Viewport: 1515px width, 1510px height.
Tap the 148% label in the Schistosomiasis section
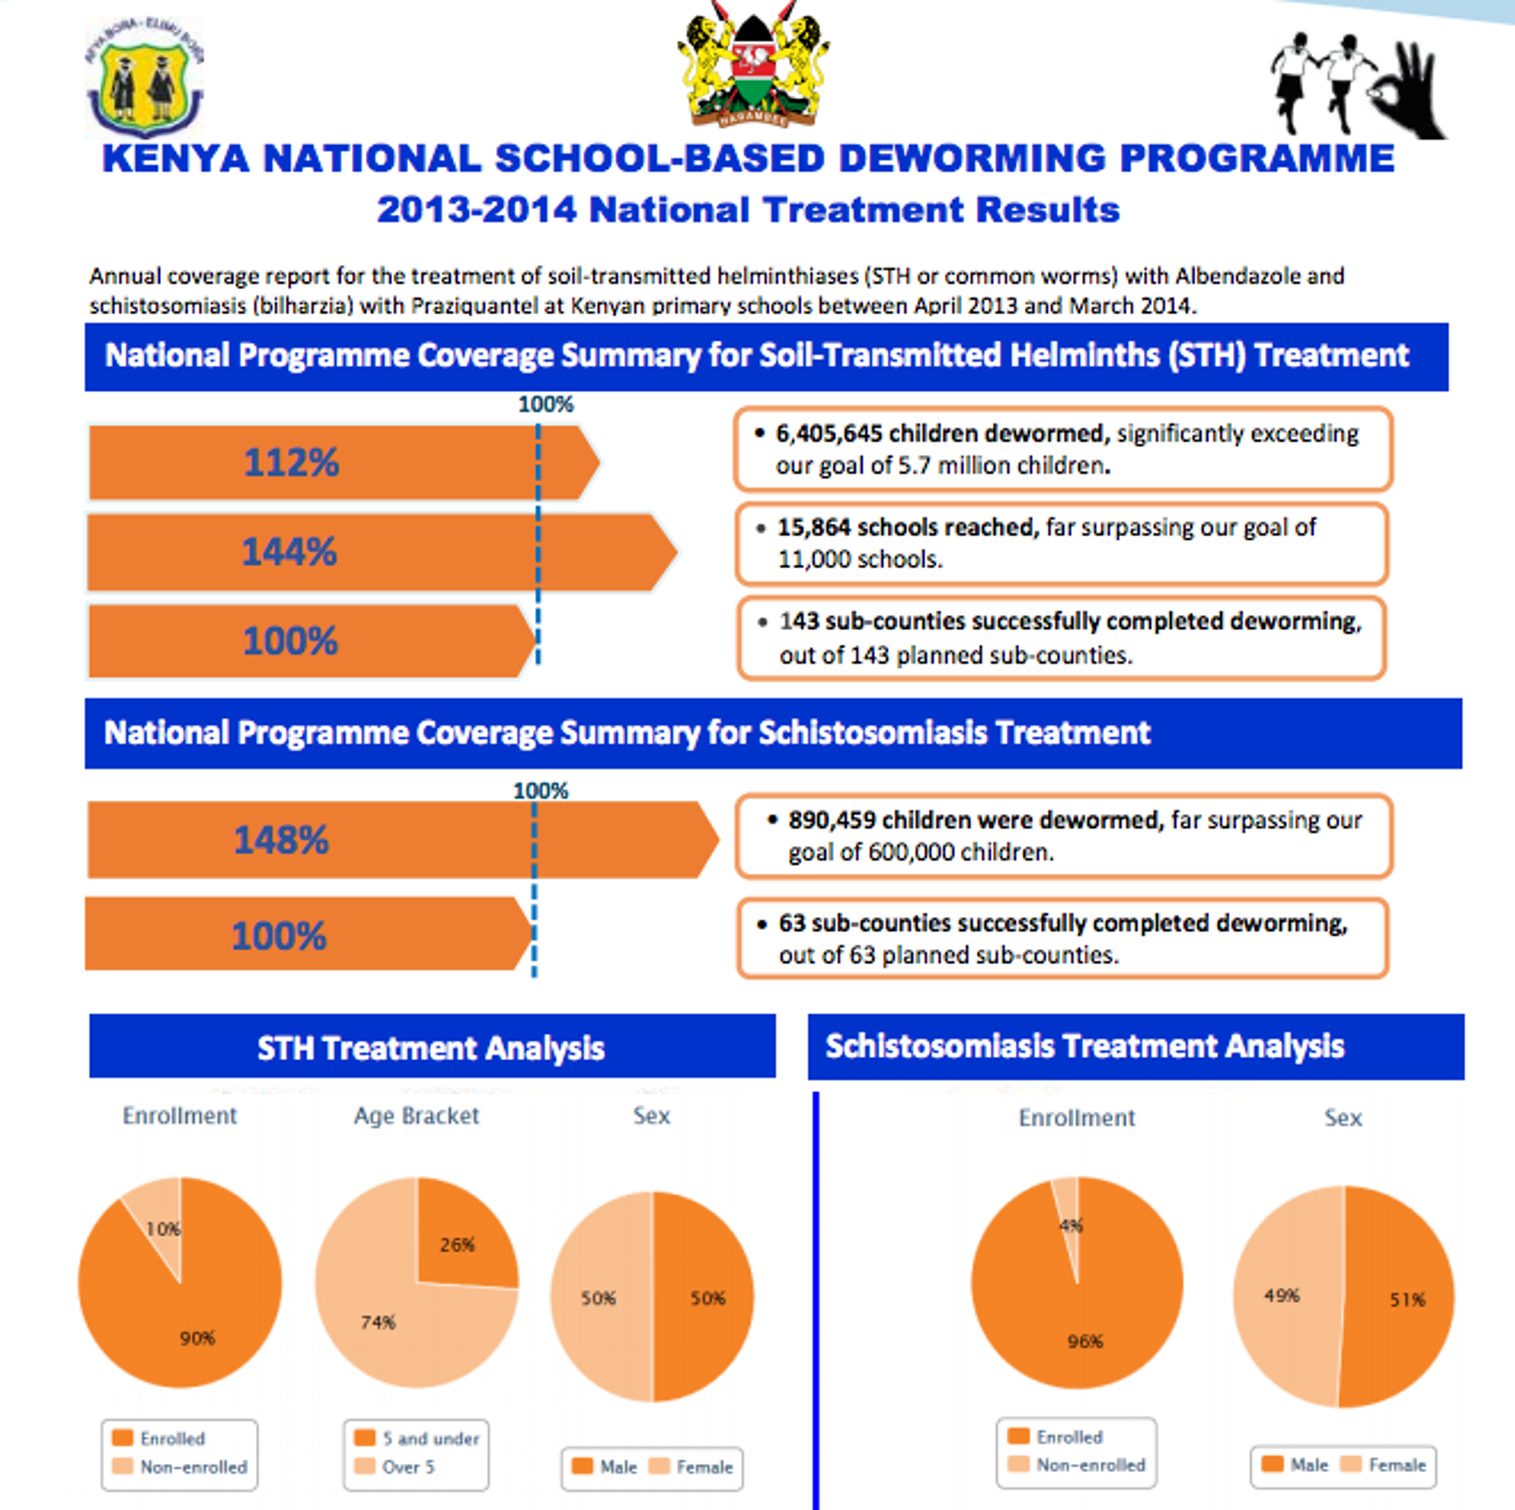pos(281,840)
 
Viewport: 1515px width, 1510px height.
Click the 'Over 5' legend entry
pos(408,1467)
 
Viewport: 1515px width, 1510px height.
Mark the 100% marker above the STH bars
pos(546,405)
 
